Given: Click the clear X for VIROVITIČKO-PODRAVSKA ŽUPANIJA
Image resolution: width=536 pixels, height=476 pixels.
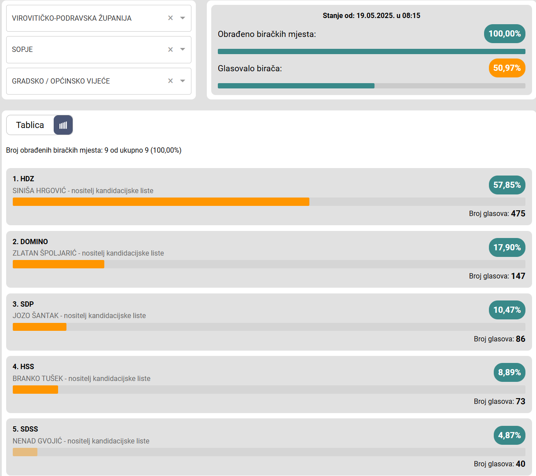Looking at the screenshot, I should click(x=170, y=18).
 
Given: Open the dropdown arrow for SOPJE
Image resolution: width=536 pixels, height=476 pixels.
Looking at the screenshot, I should click(x=183, y=49).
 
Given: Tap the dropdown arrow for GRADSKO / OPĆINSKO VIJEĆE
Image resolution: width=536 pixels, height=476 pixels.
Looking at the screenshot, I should click(x=183, y=81).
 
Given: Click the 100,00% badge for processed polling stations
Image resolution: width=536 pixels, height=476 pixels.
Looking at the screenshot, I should click(x=504, y=34).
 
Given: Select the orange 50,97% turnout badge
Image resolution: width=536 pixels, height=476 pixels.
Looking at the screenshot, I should click(x=507, y=68).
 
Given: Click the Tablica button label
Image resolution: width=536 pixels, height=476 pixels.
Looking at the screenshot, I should click(x=30, y=125).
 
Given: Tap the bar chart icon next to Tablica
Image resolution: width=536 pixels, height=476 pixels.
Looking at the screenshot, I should click(x=63, y=125).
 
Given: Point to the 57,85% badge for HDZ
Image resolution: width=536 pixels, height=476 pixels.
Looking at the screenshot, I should click(x=507, y=185).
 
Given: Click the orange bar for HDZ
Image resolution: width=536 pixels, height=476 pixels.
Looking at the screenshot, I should click(x=161, y=202).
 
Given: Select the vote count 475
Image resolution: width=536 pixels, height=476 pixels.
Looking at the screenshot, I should click(x=518, y=213).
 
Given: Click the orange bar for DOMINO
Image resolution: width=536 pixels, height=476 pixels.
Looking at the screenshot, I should click(x=58, y=264).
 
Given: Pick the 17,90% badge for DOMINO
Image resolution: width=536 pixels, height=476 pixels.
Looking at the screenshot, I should click(x=507, y=248).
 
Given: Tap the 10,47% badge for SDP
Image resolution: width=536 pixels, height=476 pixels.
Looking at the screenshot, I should click(x=507, y=310).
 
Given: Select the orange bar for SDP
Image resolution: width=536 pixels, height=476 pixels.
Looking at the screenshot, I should click(x=40, y=327).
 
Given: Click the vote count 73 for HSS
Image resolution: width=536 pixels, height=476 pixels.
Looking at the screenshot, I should click(x=521, y=401).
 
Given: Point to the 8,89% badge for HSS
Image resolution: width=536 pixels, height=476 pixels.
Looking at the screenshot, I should click(x=509, y=373).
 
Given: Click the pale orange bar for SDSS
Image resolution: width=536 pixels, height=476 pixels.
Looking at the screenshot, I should click(x=25, y=452).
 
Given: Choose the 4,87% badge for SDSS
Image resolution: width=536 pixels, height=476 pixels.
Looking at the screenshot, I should click(x=509, y=435).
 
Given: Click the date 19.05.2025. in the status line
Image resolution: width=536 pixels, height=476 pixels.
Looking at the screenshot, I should click(x=374, y=16).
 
